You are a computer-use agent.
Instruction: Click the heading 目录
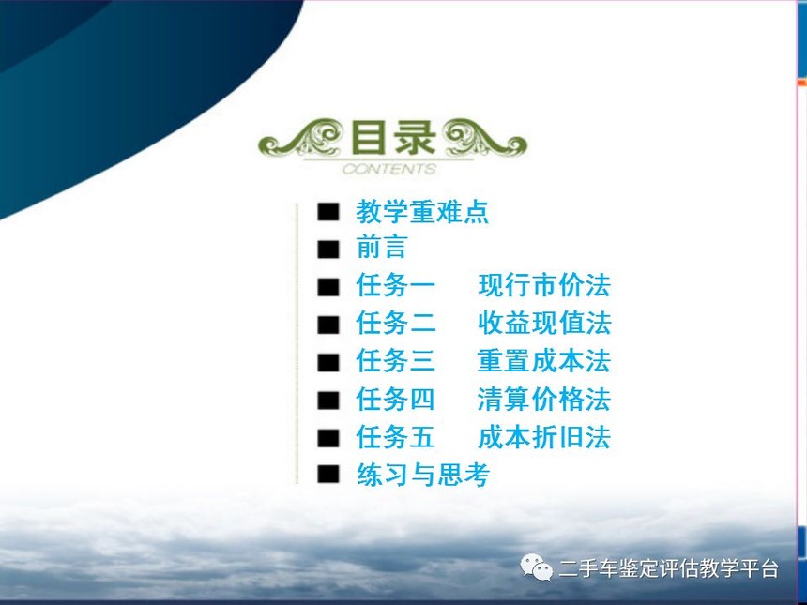coord(393,137)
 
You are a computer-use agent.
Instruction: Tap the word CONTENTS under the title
coord(389,169)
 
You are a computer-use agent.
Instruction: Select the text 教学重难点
coord(422,211)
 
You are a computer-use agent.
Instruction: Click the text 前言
coord(382,247)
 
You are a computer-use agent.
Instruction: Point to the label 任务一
coord(396,285)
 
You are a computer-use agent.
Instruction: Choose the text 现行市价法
coord(544,285)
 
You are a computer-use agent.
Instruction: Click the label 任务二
coord(396,323)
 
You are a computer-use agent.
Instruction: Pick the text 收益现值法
coord(544,323)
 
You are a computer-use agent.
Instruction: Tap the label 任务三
coord(396,360)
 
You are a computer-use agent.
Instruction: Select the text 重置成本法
coord(544,360)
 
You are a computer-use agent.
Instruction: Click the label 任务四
coord(396,400)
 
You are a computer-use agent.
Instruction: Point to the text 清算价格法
coord(544,400)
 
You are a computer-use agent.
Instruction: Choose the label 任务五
coord(396,437)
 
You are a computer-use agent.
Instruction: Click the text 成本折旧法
coord(544,437)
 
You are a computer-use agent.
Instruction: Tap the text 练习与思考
coord(422,475)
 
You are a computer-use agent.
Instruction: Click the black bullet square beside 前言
coord(328,249)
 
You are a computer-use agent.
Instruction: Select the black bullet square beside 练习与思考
coord(328,474)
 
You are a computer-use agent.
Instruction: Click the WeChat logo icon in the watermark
coord(537,567)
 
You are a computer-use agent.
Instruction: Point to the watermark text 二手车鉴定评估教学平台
coord(668,568)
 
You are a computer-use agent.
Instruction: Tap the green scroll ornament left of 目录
coord(300,137)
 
